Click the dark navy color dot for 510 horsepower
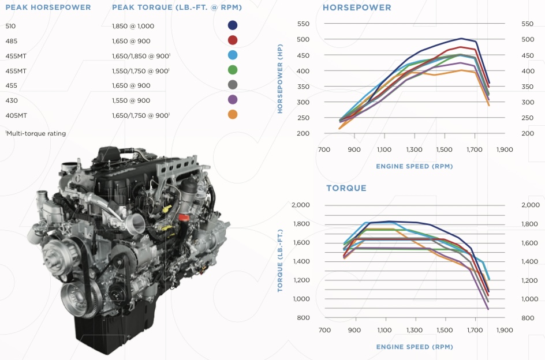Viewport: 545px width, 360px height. pyautogui.click(x=233, y=25)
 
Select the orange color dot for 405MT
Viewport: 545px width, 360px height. pyautogui.click(x=233, y=114)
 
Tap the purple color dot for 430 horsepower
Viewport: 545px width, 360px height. pyautogui.click(x=233, y=100)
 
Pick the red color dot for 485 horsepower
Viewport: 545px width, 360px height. pyautogui.click(x=233, y=40)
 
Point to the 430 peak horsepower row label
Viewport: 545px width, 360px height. pyautogui.click(x=11, y=100)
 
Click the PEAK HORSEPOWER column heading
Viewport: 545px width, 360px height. pyautogui.click(x=48, y=7)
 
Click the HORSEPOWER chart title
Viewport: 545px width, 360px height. pyautogui.click(x=357, y=7)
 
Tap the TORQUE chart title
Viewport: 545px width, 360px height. pyautogui.click(x=346, y=188)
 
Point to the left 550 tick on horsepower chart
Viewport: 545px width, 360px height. pyautogui.click(x=303, y=24)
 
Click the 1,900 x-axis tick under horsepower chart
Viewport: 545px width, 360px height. pyautogui.click(x=504, y=149)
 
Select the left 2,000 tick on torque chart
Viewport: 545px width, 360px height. pyautogui.click(x=301, y=205)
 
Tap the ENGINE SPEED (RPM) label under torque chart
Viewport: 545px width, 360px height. pyautogui.click(x=414, y=347)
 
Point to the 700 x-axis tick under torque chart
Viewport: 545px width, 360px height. pyautogui.click(x=325, y=331)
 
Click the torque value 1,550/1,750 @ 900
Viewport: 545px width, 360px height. pyautogui.click(x=140, y=70)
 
